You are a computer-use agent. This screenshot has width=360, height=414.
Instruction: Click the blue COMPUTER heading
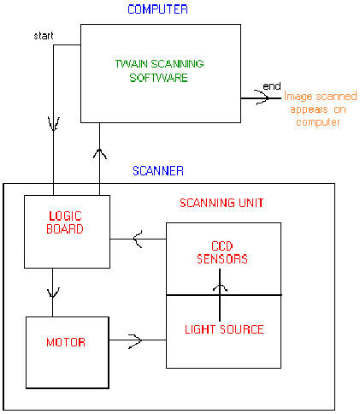pyautogui.click(x=157, y=9)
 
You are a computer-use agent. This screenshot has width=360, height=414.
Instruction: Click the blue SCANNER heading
pyautogui.click(x=157, y=171)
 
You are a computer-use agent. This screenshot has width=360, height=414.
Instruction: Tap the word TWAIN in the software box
pyautogui.click(x=131, y=64)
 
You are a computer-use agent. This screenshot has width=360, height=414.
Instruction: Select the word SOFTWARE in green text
pyautogui.click(x=160, y=78)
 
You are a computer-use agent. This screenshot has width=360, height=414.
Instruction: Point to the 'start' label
pyautogui.click(x=44, y=36)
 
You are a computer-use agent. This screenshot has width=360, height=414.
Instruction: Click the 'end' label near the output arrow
pyautogui.click(x=272, y=86)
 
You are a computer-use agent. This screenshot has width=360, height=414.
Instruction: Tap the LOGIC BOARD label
pyautogui.click(x=68, y=222)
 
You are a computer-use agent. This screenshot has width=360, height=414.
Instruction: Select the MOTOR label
pyautogui.click(x=67, y=343)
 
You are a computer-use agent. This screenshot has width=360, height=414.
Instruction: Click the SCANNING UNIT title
pyautogui.click(x=221, y=204)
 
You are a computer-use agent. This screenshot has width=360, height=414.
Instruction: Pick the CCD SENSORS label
pyautogui.click(x=223, y=251)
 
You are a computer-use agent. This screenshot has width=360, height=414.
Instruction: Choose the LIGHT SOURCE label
pyautogui.click(x=224, y=328)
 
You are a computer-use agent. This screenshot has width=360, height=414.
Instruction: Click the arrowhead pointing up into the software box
pyautogui.click(x=100, y=154)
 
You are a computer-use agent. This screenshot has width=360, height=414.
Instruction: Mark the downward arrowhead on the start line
pyautogui.click(x=53, y=125)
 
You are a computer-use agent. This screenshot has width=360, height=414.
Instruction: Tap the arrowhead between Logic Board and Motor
pyautogui.click(x=53, y=292)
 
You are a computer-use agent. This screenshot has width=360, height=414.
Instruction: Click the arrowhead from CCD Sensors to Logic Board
pyautogui.click(x=137, y=242)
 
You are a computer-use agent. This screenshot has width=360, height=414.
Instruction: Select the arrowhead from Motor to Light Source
pyautogui.click(x=135, y=340)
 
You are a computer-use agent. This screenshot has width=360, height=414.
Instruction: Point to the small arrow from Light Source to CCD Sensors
pyautogui.click(x=223, y=287)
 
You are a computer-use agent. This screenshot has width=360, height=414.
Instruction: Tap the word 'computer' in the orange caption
pyautogui.click(x=318, y=122)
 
